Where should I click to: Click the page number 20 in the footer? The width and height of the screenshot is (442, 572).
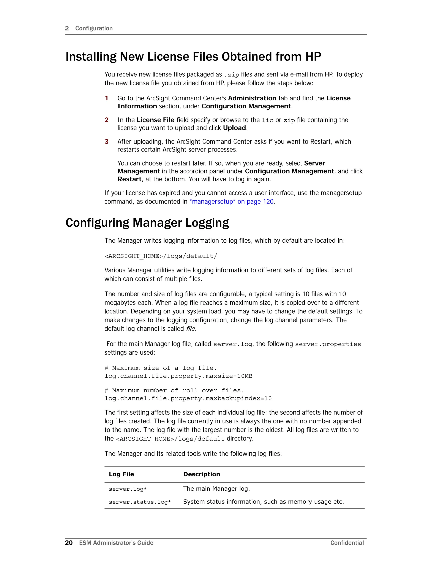pyautogui.click(x=69, y=543)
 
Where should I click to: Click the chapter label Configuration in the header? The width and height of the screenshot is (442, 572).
pyautogui.click(x=94, y=28)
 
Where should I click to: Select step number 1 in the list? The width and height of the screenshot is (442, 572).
pyautogui.click(x=107, y=98)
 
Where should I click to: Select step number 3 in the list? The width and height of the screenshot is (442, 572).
pyautogui.click(x=107, y=142)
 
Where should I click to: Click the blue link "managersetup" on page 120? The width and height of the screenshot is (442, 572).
pyautogui.click(x=232, y=201)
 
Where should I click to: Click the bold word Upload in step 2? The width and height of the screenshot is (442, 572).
pyautogui.click(x=234, y=128)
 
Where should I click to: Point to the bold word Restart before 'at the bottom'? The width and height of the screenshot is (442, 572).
pyautogui.click(x=129, y=179)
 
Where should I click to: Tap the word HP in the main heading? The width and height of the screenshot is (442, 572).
pyautogui.click(x=313, y=57)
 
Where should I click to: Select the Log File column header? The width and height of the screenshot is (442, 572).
pyautogui.click(x=121, y=474)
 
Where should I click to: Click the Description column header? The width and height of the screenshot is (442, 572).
pyautogui.click(x=201, y=474)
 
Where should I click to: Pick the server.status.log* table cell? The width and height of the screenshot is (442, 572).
pyautogui.click(x=140, y=502)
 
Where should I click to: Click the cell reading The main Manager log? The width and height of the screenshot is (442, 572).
pyautogui.click(x=216, y=488)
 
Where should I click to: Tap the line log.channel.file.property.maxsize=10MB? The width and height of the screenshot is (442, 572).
pyautogui.click(x=178, y=376)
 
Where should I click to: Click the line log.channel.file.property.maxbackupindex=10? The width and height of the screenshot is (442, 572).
pyautogui.click(x=188, y=398)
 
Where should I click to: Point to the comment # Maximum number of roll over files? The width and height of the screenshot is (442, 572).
pyautogui.click(x=174, y=390)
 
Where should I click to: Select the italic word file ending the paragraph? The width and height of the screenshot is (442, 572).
pyautogui.click(x=190, y=329)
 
